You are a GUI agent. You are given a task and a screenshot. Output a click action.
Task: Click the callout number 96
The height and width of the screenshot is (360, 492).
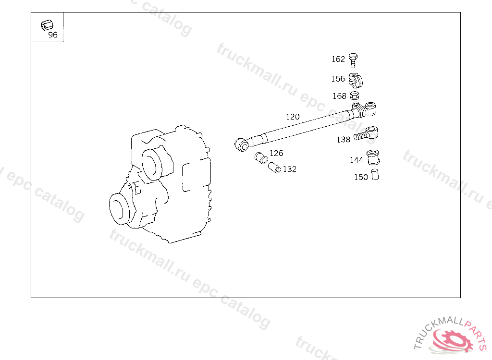[53, 35]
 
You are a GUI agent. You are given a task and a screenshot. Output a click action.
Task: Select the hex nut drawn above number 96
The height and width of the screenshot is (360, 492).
[47, 25]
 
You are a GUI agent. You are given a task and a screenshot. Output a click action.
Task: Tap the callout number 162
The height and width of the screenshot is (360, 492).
[338, 59]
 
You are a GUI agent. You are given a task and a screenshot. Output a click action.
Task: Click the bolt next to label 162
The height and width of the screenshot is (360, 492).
[353, 60]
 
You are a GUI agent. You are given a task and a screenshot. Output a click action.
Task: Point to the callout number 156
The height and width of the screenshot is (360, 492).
[338, 79]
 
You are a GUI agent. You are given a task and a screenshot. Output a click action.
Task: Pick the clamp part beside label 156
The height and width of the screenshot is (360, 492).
[356, 80]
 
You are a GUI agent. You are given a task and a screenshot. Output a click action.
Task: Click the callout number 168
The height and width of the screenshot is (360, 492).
[340, 96]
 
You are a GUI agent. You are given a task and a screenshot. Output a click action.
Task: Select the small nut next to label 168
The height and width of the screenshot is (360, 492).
[355, 95]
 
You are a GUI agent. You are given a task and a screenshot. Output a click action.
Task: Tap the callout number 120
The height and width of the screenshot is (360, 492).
[293, 117]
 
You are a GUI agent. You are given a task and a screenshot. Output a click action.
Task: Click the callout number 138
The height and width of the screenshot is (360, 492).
[343, 140]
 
